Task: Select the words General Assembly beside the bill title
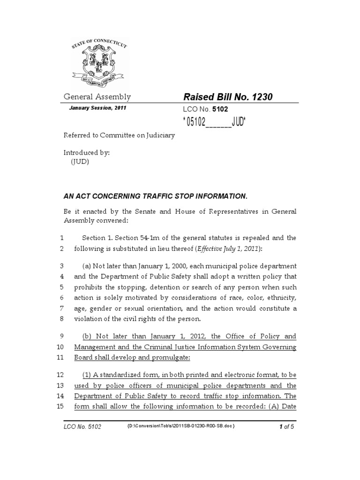click(97, 97)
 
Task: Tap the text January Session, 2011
click(97, 108)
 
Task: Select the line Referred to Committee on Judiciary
click(119, 135)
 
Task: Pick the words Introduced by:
click(87, 153)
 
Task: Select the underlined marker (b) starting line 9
click(88, 336)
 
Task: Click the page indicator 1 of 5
click(286, 426)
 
